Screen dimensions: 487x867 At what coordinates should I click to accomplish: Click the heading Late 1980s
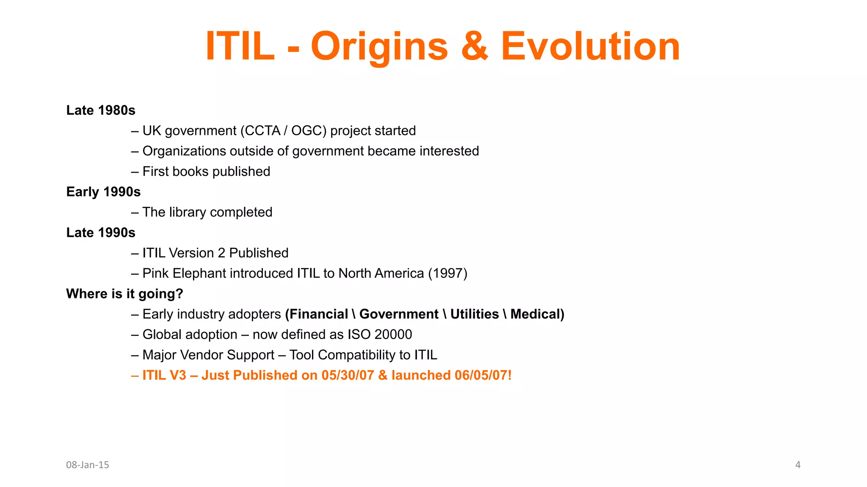(x=101, y=110)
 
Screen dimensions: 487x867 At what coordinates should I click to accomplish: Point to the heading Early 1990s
(x=103, y=192)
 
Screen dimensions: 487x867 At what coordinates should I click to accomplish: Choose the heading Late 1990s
(x=101, y=233)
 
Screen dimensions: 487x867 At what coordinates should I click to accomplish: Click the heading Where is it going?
(x=124, y=294)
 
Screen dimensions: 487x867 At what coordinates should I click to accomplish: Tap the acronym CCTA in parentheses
(x=262, y=131)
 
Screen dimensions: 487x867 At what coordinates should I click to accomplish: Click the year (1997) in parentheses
(x=447, y=274)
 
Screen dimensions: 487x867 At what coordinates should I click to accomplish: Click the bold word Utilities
(x=474, y=314)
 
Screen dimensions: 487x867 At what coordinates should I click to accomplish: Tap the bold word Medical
(x=535, y=314)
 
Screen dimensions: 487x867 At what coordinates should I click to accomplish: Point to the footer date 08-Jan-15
(x=88, y=465)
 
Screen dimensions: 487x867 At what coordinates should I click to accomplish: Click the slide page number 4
(x=798, y=465)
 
